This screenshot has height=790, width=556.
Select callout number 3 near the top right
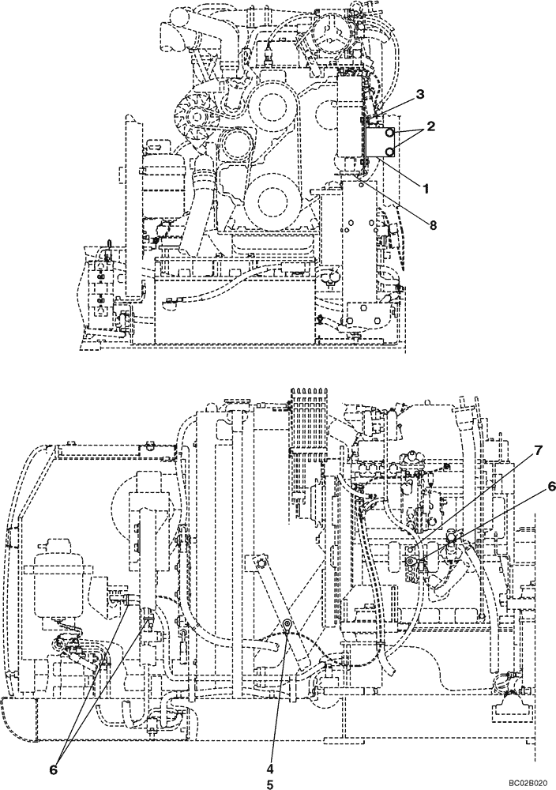(420, 94)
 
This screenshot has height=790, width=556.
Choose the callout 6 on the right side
(550, 487)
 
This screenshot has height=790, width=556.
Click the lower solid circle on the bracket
(389, 150)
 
